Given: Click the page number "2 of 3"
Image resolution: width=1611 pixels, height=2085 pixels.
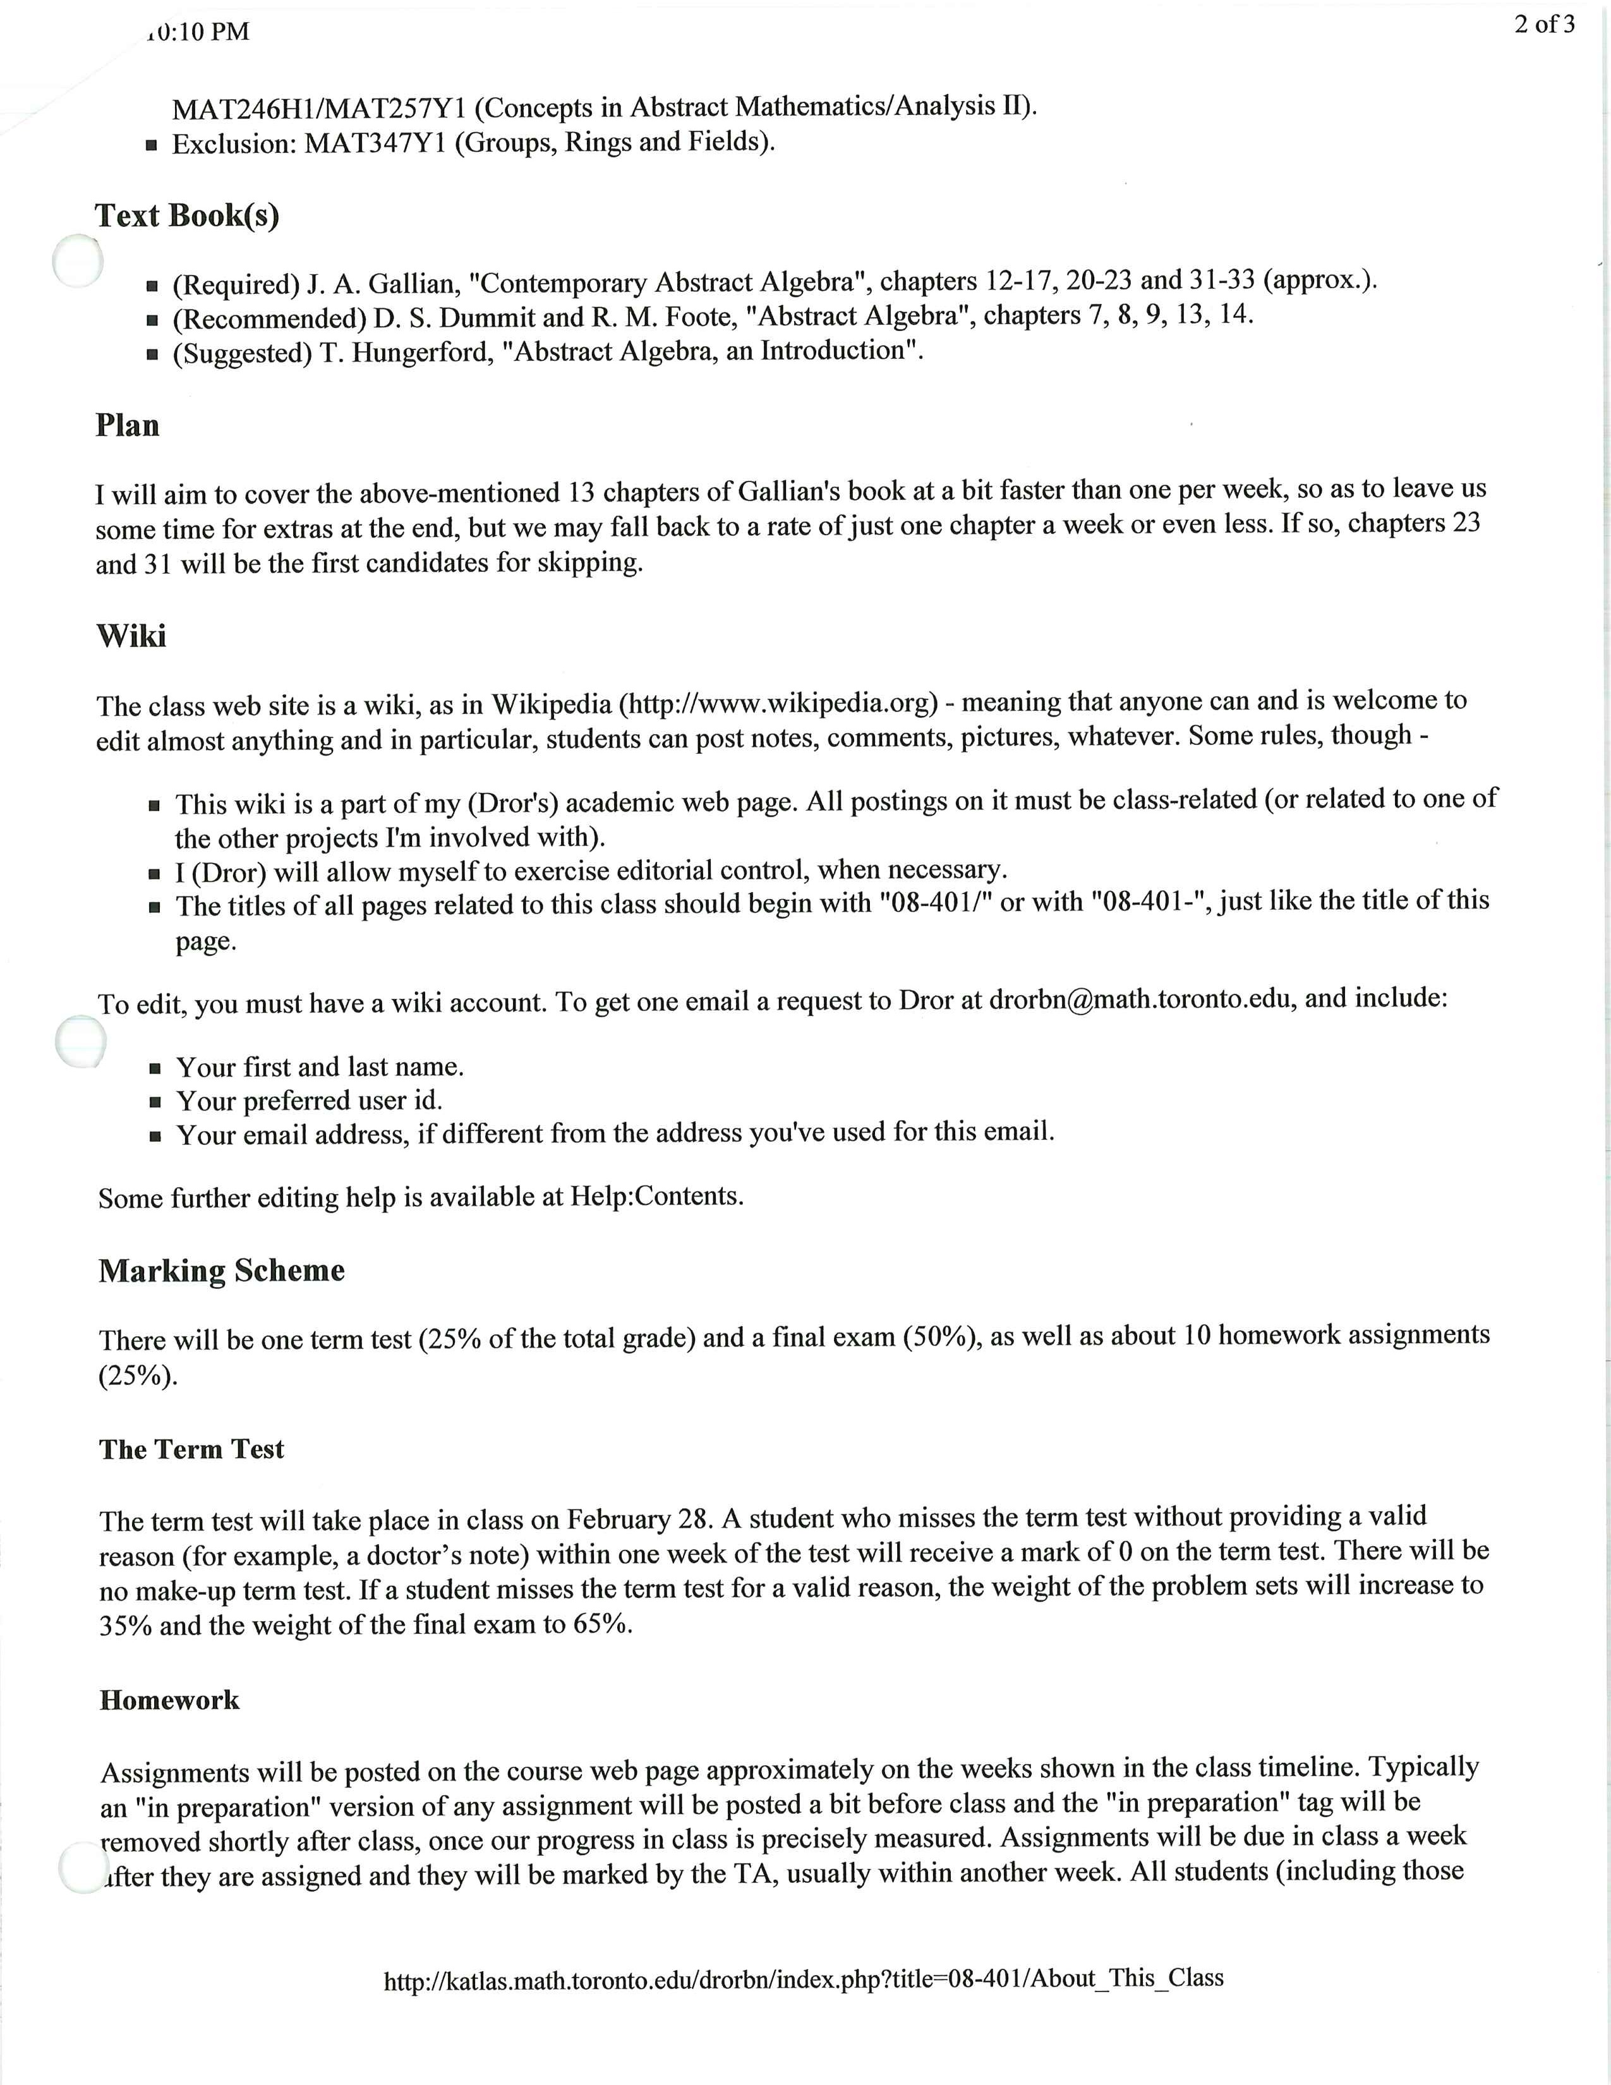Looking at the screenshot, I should [x=1543, y=25].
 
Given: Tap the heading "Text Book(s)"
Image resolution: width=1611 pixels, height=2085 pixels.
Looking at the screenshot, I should [x=187, y=215].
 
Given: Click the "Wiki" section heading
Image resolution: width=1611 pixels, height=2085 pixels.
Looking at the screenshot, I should [x=131, y=636].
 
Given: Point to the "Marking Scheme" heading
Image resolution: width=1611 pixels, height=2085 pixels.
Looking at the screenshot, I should [x=221, y=1271].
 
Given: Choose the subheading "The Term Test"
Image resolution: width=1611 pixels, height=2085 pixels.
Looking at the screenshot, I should [x=191, y=1449].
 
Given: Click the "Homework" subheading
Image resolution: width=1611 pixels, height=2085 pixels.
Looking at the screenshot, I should [x=169, y=1700].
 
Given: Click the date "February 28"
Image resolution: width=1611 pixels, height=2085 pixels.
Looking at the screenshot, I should [x=639, y=1519].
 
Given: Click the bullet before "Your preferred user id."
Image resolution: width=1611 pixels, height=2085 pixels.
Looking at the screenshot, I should [x=155, y=1103].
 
